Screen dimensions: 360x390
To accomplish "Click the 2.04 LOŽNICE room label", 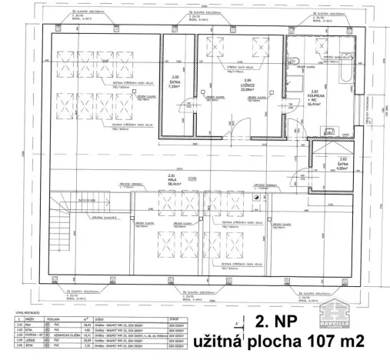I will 247,84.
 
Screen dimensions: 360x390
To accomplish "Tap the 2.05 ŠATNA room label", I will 175,82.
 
